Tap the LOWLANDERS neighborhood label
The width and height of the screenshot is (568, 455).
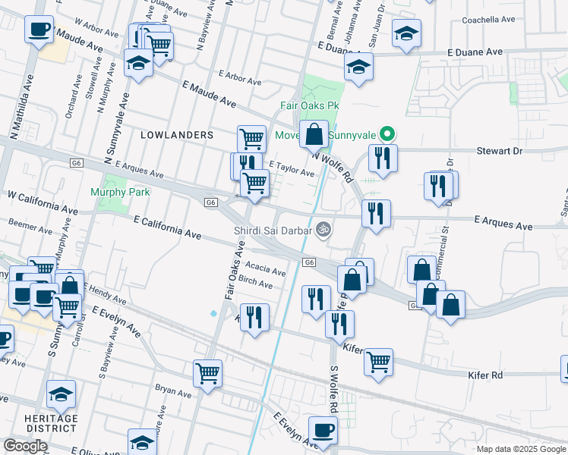177,134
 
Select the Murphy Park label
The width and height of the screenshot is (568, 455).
120,192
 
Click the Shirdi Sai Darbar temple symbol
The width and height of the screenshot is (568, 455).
323,228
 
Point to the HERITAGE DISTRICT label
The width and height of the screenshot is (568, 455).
51,424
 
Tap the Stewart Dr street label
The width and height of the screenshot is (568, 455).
500,151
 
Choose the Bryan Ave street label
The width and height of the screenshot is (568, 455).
173,393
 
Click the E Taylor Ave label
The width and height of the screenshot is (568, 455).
292,169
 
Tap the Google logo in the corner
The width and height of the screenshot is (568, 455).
25,445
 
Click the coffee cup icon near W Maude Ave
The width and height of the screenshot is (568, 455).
38,30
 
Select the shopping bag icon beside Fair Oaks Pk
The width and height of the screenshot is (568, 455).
314,134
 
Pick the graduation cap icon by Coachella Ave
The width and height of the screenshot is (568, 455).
406,33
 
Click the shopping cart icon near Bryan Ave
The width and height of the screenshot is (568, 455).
207,372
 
